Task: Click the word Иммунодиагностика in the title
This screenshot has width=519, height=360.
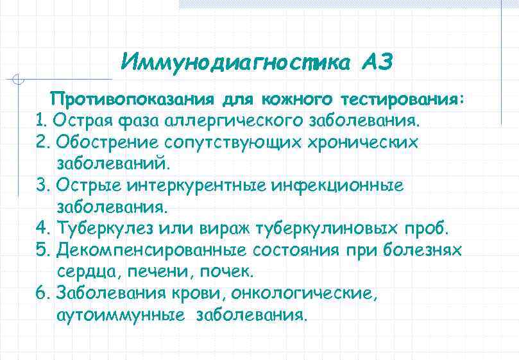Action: tap(235, 63)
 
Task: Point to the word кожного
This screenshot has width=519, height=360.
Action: tap(296, 100)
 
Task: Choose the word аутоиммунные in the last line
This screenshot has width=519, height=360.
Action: tap(122, 316)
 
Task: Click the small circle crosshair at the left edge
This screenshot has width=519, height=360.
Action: tap(19, 80)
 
